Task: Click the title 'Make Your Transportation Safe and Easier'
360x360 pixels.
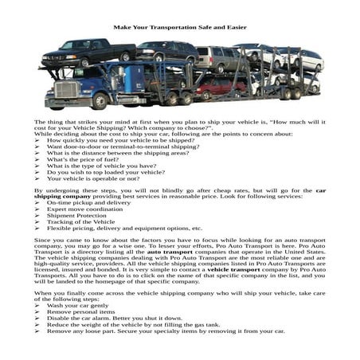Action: [179, 27]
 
